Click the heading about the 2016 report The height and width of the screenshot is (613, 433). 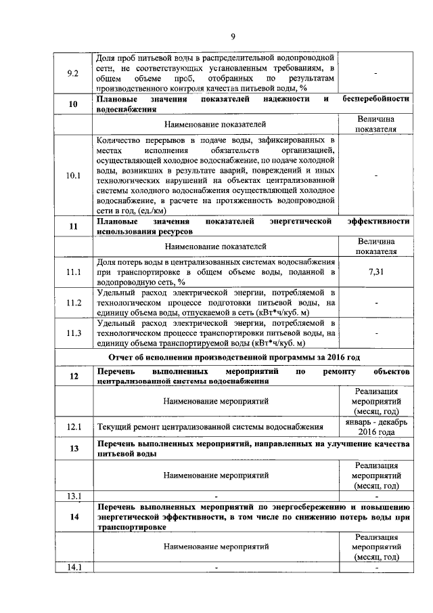[x=233, y=357]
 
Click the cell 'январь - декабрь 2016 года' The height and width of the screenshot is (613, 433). [x=375, y=427]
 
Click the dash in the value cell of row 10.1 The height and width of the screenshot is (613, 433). [x=375, y=176]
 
